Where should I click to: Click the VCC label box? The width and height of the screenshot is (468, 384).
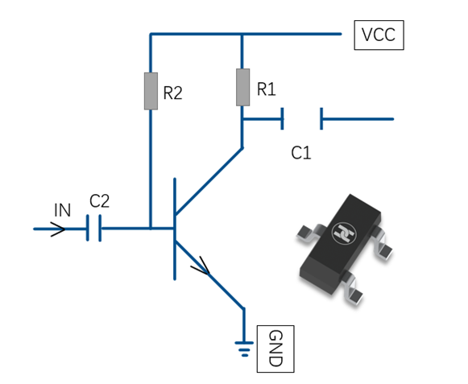coord(379,35)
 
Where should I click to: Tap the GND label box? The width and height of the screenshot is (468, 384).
coord(275,349)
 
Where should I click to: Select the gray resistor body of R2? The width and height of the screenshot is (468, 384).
coord(151,91)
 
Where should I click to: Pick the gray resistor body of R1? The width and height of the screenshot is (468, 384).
coord(243,87)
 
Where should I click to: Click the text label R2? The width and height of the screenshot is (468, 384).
coord(173,93)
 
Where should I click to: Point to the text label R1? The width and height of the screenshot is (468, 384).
coord(267,89)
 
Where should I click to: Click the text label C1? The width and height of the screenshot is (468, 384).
coord(301,153)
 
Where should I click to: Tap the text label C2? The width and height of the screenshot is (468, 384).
coord(99,200)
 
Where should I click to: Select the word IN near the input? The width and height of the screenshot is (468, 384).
coord(62,210)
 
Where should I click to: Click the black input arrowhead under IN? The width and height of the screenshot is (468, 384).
coord(58,229)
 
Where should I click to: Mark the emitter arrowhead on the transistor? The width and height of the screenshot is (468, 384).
coord(201,265)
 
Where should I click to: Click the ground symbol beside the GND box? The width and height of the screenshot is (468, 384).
coord(244,349)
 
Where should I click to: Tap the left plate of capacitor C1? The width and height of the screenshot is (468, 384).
coord(282,119)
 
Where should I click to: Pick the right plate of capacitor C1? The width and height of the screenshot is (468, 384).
coord(321,119)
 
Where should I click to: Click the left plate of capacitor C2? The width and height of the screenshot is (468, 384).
coord(88,228)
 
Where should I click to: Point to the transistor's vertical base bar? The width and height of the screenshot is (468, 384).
coord(175,229)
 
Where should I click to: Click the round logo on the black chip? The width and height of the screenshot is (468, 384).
coord(344,233)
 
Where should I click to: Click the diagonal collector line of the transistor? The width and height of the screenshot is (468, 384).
coord(209,181)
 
